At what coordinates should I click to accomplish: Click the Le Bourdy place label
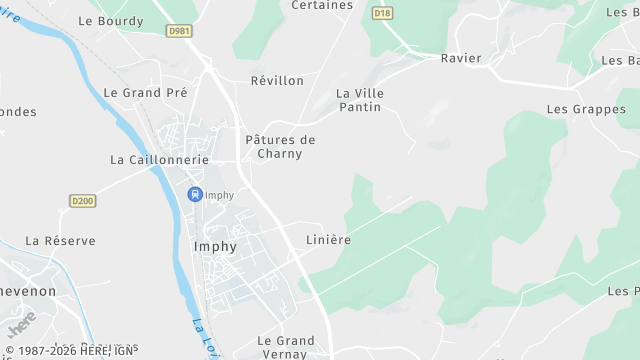click(110, 20)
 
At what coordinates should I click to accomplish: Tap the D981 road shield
click(180, 32)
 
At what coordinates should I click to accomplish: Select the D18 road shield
click(382, 14)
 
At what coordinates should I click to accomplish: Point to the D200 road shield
click(83, 201)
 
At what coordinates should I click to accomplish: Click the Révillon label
click(277, 80)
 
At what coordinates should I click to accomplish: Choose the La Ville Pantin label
click(360, 100)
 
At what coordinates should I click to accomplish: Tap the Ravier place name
click(461, 58)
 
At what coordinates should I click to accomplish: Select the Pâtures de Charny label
click(280, 147)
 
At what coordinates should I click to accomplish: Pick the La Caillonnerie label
click(159, 159)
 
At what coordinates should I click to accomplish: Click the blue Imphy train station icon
click(194, 194)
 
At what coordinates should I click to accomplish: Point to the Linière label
click(328, 240)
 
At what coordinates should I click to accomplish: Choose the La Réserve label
click(61, 240)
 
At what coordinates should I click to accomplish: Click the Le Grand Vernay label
click(286, 347)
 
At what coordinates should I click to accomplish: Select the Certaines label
click(322, 5)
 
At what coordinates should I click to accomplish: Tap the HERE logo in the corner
click(21, 325)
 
